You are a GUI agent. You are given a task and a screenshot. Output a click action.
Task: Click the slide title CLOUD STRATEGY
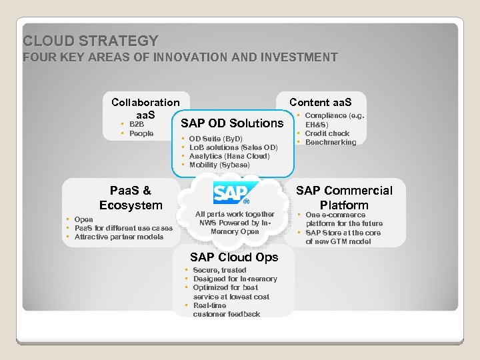coord(91,41)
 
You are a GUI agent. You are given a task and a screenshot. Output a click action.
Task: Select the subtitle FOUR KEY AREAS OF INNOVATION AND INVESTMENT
coord(180,57)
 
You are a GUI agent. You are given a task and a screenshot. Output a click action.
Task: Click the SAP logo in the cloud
coord(230,193)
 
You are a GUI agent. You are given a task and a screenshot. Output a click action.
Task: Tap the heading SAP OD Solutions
coord(231,123)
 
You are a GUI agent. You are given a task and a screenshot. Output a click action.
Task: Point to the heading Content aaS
coord(320,102)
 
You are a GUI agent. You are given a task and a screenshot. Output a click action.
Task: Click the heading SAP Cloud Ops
coord(234,257)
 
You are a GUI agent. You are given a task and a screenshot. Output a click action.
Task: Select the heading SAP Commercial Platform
coord(344,197)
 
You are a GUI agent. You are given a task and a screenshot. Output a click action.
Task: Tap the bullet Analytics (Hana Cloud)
coord(229,156)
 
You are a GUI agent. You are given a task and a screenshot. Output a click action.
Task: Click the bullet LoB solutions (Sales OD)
coord(233,147)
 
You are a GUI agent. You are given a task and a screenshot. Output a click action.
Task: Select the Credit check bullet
coord(327,133)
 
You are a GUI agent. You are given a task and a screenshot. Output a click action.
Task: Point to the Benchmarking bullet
coord(330,142)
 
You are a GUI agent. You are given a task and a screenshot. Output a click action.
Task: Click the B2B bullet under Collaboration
coord(136,124)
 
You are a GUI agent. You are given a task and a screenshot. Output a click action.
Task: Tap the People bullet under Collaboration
coord(141,133)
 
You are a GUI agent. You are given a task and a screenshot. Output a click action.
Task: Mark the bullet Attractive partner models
coord(119,237)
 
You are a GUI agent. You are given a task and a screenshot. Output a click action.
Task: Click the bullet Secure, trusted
coord(219,270)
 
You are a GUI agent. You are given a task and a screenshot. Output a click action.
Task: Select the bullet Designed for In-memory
coord(235,279)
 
